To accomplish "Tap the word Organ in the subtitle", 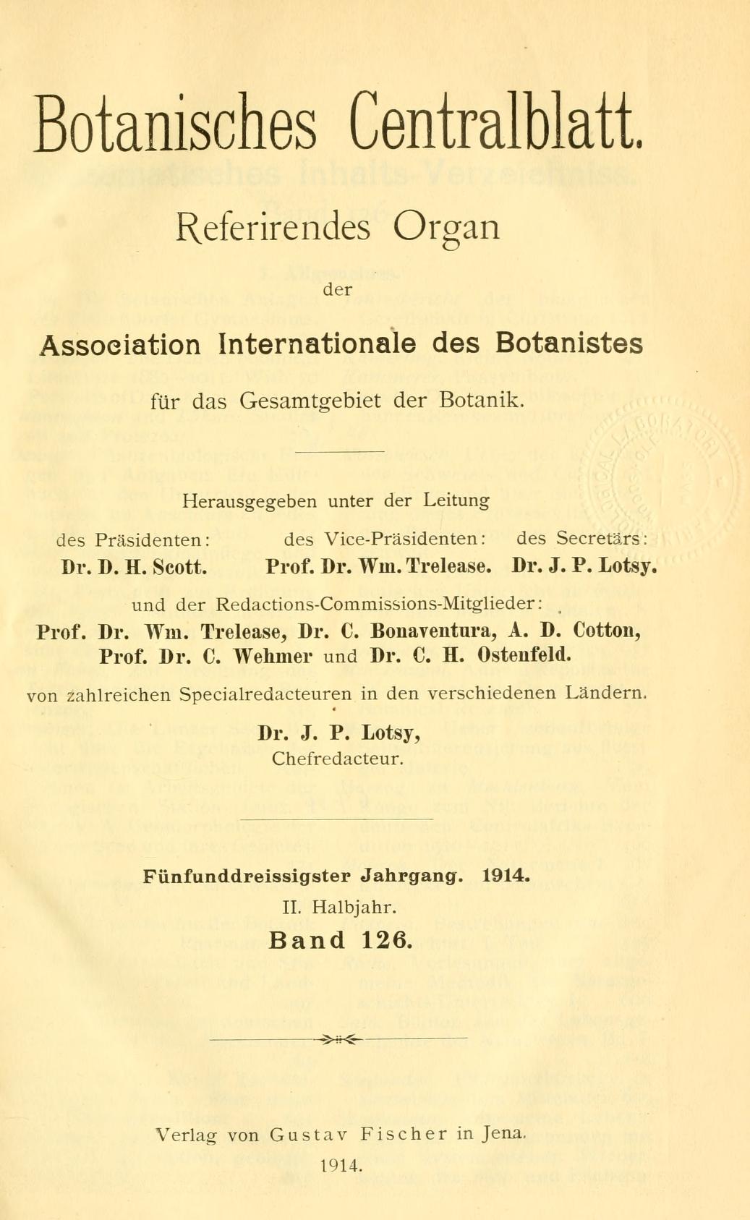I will coord(446,229).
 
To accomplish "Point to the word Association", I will coord(120,344).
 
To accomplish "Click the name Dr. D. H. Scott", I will coord(135,566).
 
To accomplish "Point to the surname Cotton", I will coord(607,631).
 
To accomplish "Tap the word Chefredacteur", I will coord(338,759).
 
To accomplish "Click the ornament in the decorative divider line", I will coord(338,1039).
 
